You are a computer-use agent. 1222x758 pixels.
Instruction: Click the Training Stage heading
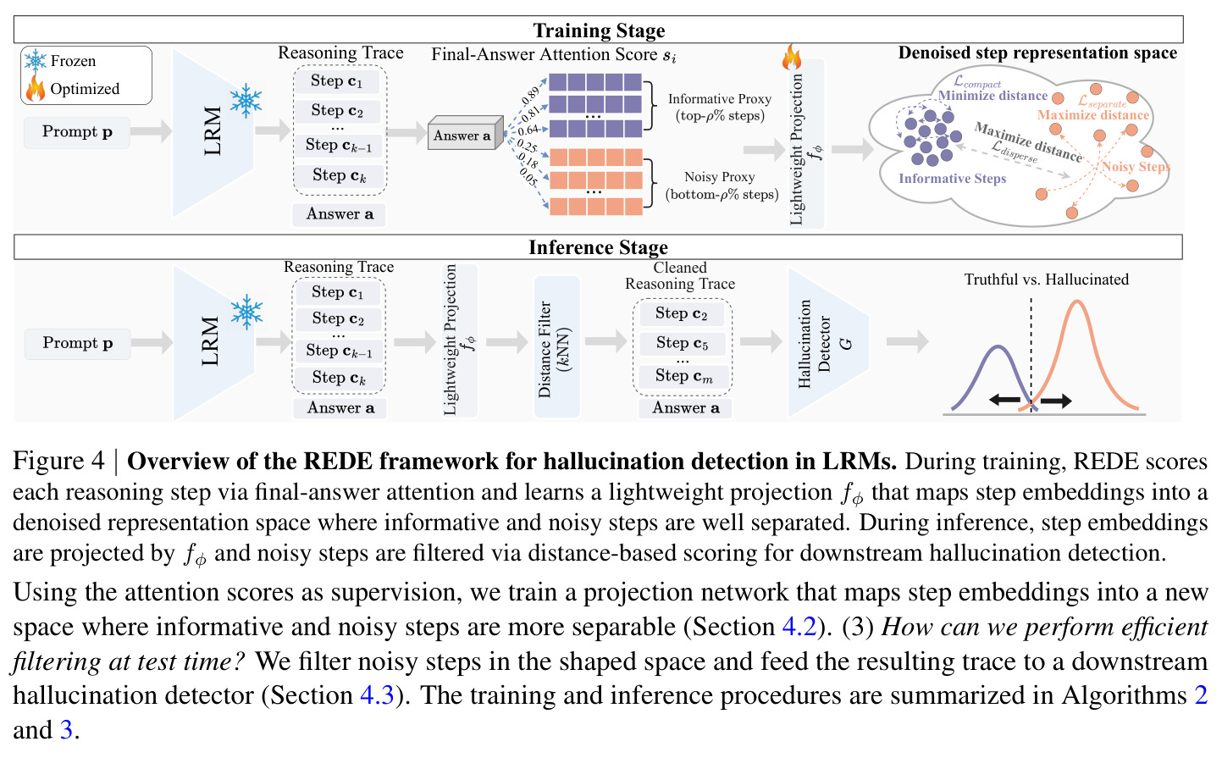point(599,30)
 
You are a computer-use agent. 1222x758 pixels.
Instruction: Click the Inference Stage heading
point(598,247)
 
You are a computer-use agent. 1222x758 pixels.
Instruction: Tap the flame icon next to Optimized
point(36,88)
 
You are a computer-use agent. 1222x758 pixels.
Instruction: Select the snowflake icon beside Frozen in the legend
point(36,61)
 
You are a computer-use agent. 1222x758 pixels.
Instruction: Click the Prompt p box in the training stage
point(77,132)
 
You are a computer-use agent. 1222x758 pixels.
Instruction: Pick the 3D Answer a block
point(465,133)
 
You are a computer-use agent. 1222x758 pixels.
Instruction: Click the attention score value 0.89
point(530,95)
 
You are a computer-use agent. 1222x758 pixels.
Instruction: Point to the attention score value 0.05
point(528,176)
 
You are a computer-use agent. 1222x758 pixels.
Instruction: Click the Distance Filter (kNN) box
point(556,347)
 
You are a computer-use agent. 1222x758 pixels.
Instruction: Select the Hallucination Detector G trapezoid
point(828,343)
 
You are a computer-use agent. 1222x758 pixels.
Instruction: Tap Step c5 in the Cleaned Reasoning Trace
point(682,343)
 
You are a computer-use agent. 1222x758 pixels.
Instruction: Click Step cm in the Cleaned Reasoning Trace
point(683,376)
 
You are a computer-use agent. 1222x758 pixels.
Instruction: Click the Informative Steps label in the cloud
point(952,179)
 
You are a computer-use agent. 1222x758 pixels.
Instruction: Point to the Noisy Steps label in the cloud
point(1136,167)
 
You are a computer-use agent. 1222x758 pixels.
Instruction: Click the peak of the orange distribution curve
point(1077,300)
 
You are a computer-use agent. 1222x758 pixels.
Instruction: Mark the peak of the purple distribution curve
point(998,346)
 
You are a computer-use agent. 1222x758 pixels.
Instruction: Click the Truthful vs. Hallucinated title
point(1047,279)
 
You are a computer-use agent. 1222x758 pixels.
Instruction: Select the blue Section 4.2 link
point(799,627)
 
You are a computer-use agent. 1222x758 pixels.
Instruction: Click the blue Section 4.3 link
point(377,695)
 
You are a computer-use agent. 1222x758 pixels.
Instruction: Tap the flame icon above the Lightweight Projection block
point(792,57)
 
